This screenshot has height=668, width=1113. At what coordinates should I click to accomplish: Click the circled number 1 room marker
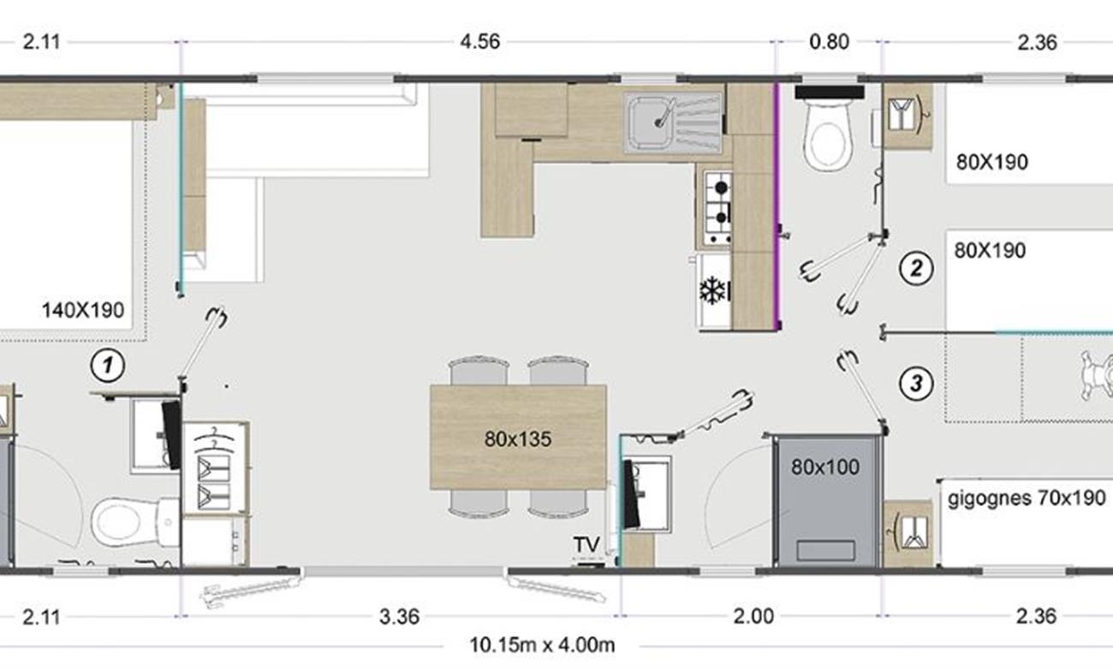pos(107,366)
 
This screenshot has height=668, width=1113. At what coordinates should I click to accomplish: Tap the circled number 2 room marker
pos(916,268)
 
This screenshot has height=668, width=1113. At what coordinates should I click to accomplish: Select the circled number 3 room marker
pos(916,383)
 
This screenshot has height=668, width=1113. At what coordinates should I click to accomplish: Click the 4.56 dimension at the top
pos(479,42)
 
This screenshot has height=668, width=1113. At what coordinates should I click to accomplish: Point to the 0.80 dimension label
pos(829,42)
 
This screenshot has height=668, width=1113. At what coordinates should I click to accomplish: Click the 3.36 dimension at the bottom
pos(399,617)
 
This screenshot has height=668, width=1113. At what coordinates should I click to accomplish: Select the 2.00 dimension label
pos(753,617)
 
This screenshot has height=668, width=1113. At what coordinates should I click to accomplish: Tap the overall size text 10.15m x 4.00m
pos(542,646)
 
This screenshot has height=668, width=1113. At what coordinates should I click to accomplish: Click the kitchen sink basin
pos(652,122)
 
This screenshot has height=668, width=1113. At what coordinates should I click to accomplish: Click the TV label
pos(586,545)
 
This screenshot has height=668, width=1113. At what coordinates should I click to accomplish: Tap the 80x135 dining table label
pos(518,438)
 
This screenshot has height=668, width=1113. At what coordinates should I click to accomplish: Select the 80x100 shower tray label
pos(824,467)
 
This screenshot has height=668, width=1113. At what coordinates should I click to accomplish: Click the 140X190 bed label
pos(83,310)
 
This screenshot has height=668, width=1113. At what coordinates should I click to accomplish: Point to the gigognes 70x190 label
pos(1027,498)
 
